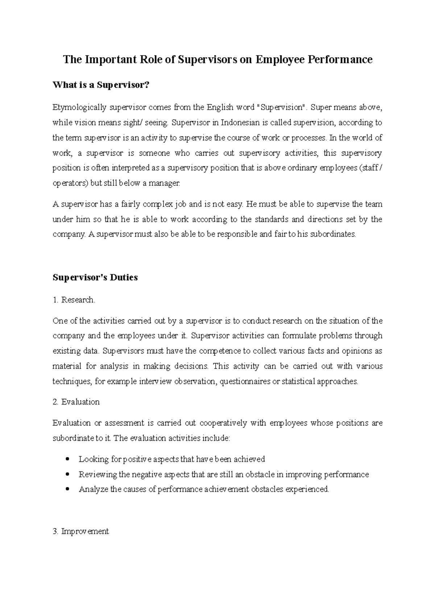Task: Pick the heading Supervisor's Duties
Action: tap(95, 278)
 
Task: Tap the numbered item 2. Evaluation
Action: tap(76, 402)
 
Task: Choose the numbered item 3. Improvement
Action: tap(80, 532)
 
